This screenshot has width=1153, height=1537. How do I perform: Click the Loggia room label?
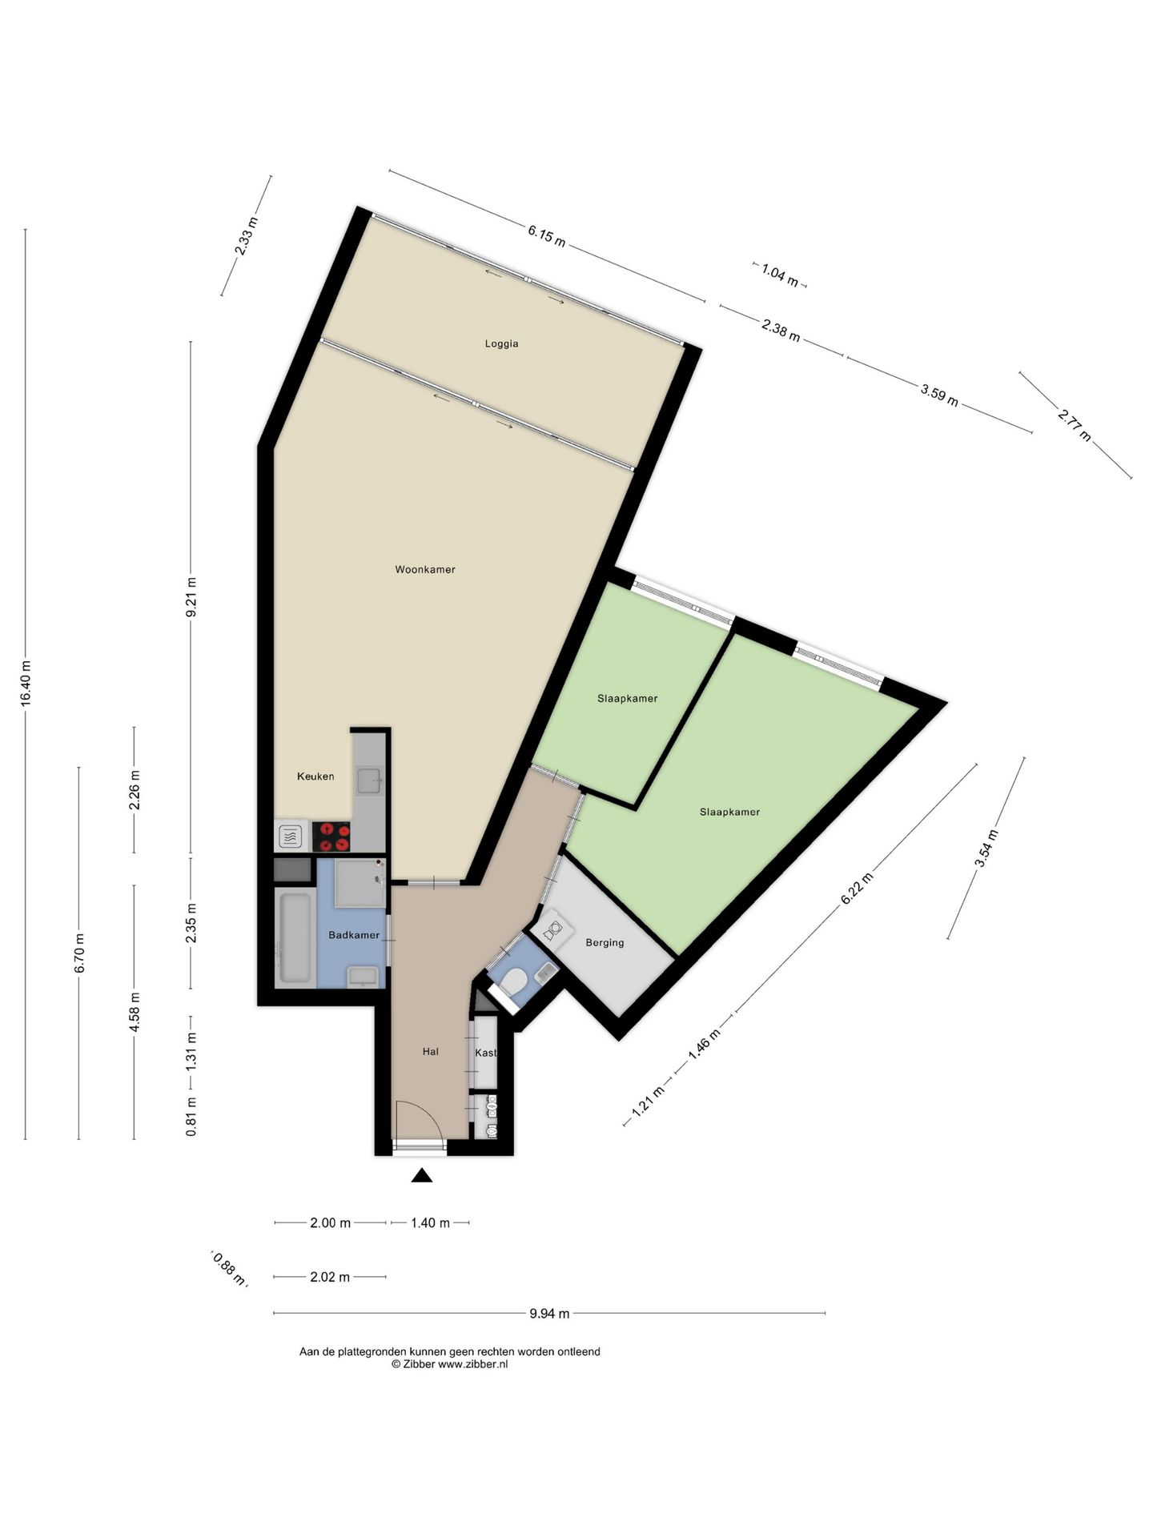501,344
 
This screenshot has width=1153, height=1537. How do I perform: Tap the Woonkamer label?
425,570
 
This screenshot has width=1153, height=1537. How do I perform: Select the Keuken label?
315,777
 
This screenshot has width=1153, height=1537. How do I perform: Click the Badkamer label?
354,935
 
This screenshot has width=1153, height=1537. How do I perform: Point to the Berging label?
605,943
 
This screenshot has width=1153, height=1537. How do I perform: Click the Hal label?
431,1052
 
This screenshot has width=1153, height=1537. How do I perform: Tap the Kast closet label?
485,1053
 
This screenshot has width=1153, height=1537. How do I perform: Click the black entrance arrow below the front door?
422,1175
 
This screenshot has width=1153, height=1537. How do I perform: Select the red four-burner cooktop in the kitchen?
331,837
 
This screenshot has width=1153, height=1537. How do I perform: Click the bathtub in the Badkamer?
294,937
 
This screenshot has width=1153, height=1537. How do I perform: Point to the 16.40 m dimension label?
26,683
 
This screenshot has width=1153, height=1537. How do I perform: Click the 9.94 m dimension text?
549,1313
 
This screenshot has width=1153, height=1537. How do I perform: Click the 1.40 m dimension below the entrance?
430,1222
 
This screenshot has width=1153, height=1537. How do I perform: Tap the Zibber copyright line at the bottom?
449,1364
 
